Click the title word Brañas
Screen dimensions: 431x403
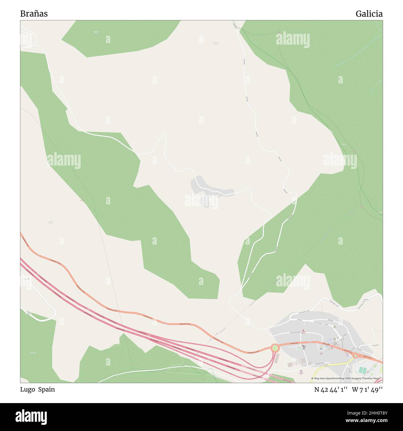pyautogui.click(x=34, y=14)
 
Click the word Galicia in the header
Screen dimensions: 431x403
pyautogui.click(x=369, y=14)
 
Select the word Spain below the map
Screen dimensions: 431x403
pyautogui.click(x=46, y=389)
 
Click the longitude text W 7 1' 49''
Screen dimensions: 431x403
pyautogui.click(x=367, y=390)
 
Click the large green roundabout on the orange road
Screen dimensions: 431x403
pyautogui.click(x=275, y=348)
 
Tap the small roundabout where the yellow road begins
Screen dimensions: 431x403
pyautogui.click(x=355, y=356)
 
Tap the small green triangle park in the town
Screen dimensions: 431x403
pyautogui.click(x=300, y=349)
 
